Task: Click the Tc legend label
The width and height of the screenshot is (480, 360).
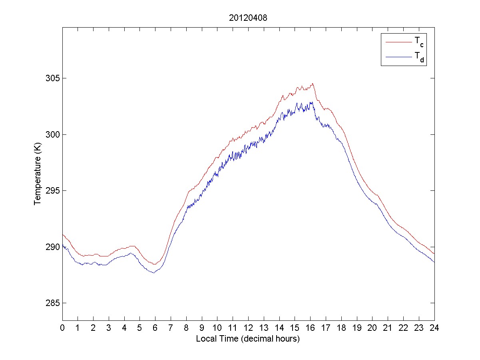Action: [419, 41]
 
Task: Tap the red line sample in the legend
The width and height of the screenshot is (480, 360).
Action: [398, 41]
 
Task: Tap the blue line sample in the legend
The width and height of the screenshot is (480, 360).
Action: [398, 58]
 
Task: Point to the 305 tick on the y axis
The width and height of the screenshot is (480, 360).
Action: [54, 78]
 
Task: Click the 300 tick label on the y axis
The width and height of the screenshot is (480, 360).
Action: [54, 134]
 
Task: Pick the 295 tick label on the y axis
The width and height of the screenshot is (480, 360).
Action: [54, 190]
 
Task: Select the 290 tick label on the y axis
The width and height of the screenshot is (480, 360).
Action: [54, 247]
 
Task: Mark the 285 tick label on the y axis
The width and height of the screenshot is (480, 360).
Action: [54, 303]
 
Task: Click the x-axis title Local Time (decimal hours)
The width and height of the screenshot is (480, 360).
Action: [248, 339]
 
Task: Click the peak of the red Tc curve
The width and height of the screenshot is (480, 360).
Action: [313, 84]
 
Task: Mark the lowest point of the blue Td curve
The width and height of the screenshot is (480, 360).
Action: [153, 273]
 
